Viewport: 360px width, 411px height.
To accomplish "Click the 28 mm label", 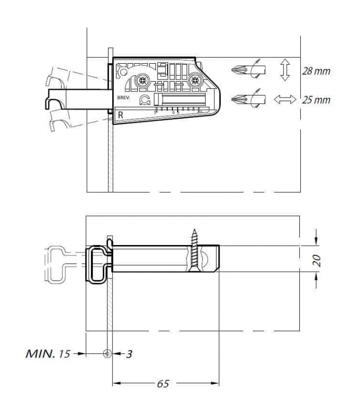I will [x=316, y=71].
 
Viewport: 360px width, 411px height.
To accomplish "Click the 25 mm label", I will [x=316, y=100].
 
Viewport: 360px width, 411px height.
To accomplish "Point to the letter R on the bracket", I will [x=120, y=115].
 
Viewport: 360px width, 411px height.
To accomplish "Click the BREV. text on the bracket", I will [x=123, y=96].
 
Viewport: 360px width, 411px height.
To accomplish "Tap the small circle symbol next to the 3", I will [x=107, y=353].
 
